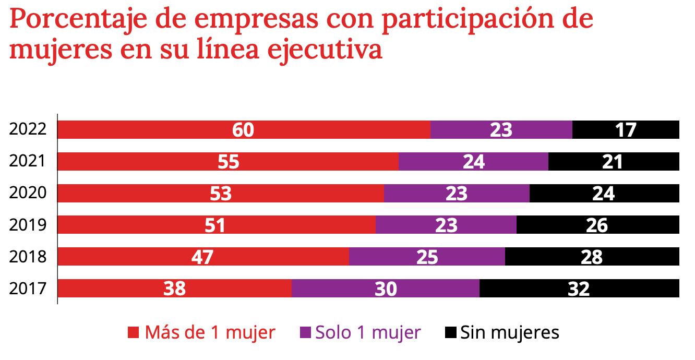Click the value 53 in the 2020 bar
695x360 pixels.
pos(220,194)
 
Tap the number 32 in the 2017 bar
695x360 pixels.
pos(579,289)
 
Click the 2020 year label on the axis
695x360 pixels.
pos(28,194)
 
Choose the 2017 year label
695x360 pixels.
pos(28,289)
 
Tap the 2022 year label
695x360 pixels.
pos(28,129)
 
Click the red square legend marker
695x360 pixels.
pos(134,332)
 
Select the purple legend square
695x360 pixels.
pos(305,332)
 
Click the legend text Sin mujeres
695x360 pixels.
pos(509,332)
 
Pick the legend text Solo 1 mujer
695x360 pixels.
pos(368,332)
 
